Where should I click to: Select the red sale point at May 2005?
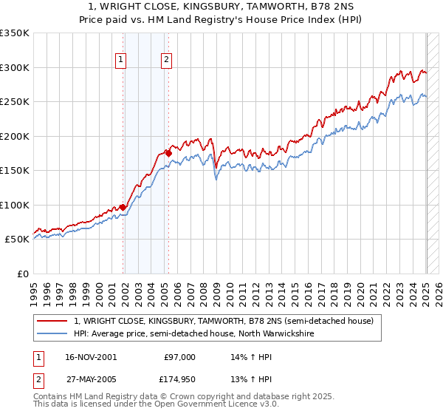click(168, 153)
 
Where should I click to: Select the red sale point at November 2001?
click(123, 207)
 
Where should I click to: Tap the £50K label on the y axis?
click(16, 240)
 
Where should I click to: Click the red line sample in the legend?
click(52, 321)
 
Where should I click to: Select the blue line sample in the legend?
click(52, 333)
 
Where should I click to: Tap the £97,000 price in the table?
click(179, 357)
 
